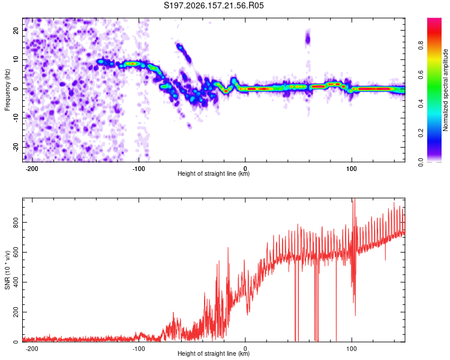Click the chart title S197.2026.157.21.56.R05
214,5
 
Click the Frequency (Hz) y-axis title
7,90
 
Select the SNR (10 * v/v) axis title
7,270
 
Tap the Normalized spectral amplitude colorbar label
445,90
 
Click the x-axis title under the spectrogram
214,173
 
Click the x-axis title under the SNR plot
214,353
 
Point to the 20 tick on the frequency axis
16,31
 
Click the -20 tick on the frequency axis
16,147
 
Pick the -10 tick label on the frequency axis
16,118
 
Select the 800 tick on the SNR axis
16,223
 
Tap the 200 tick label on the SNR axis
16,312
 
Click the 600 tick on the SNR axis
16,253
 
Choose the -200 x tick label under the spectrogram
32,169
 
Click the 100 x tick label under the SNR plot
351,349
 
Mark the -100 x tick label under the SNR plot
139,349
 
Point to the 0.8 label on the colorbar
421,46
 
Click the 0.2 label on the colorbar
421,133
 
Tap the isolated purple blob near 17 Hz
308,39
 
